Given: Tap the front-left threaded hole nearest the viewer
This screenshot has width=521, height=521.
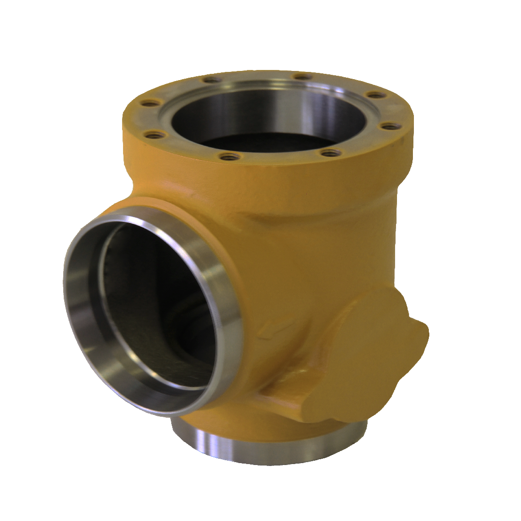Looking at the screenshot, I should click(228, 156).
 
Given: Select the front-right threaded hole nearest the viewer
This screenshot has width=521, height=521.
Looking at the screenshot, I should click(330, 153).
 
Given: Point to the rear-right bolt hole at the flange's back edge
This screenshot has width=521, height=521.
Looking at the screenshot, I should click(302, 77).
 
